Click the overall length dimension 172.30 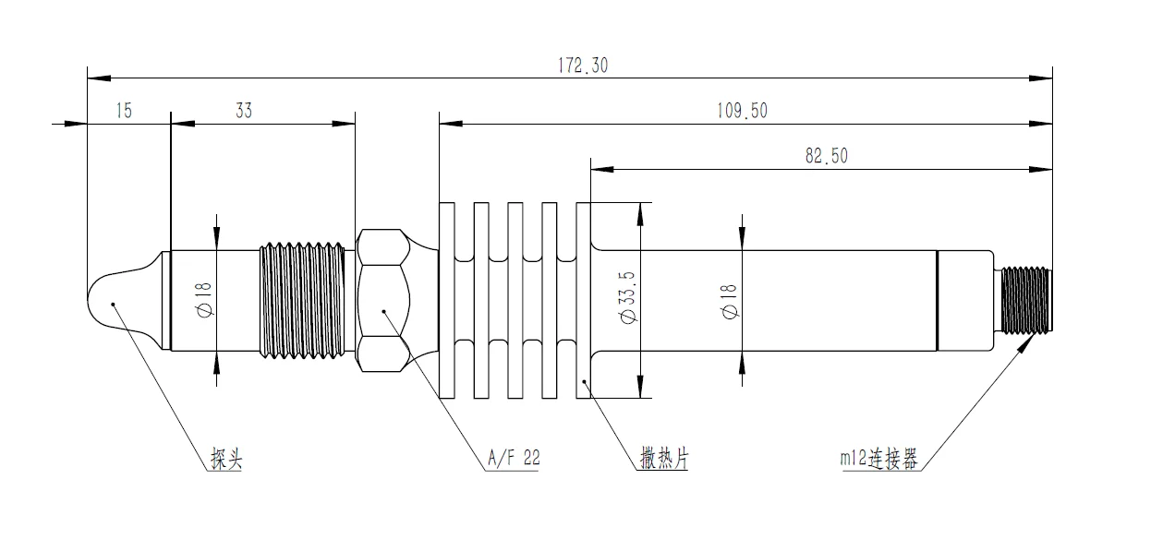[x=582, y=66]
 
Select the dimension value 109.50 [x=742, y=111]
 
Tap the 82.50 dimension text [x=826, y=156]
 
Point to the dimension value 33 [x=244, y=111]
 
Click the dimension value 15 [x=124, y=111]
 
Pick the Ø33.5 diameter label [x=628, y=297]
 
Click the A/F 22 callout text [x=514, y=458]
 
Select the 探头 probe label [x=226, y=459]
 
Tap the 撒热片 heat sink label [x=664, y=458]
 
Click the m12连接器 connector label [x=879, y=459]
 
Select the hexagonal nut [x=382, y=300]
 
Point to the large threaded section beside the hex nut [x=302, y=300]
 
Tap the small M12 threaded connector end [x=1026, y=300]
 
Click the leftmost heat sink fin [x=447, y=300]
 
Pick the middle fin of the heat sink [x=515, y=300]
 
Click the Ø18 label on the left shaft [x=203, y=300]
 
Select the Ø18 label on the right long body [x=729, y=301]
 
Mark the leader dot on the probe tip [x=113, y=304]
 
